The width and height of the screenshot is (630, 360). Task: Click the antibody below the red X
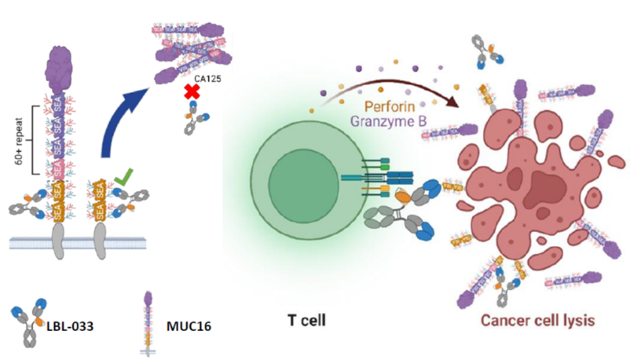click(194, 120)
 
